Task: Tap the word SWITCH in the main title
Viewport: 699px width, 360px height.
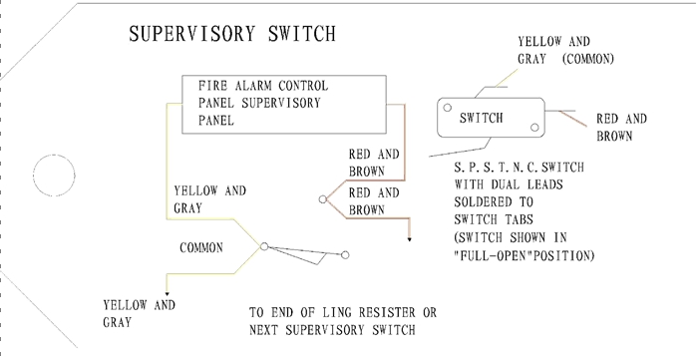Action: (298, 34)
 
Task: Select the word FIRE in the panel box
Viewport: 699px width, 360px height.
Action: (215, 86)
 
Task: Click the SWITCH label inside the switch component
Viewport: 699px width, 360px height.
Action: (482, 118)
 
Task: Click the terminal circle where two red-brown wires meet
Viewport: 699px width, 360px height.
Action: (322, 199)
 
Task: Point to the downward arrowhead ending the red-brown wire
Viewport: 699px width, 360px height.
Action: (409, 238)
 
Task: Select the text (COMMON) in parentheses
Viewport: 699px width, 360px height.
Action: (587, 59)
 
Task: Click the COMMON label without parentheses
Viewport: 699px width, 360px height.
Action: (201, 246)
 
